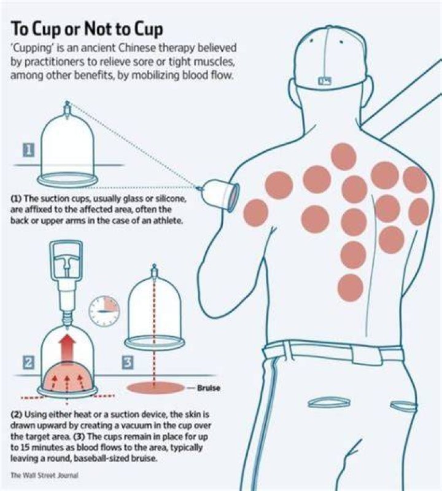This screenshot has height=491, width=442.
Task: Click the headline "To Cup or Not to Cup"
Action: coord(87,29)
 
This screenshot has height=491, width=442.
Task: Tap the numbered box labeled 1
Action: coord(28,151)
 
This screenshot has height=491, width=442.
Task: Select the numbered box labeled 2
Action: coord(28,362)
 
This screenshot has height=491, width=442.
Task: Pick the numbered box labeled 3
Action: coord(128,362)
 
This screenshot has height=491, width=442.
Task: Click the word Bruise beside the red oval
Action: coord(208,388)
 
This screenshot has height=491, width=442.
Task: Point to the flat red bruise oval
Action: coord(155,388)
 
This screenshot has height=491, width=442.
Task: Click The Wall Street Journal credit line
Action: coord(44,476)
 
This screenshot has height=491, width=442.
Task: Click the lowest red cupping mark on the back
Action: coord(351,288)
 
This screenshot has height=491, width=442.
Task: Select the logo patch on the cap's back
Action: coord(325,81)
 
